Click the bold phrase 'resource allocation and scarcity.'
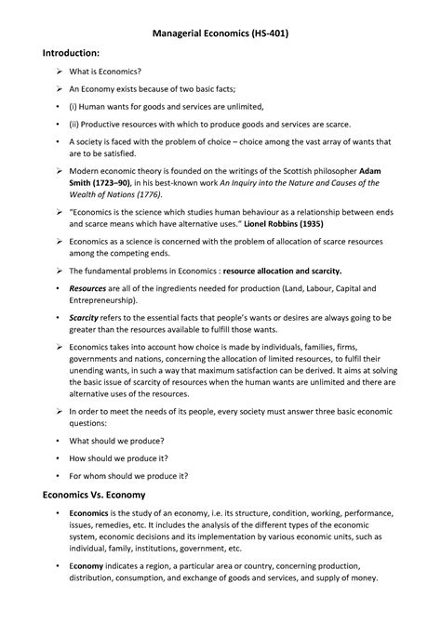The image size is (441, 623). click(x=280, y=272)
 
